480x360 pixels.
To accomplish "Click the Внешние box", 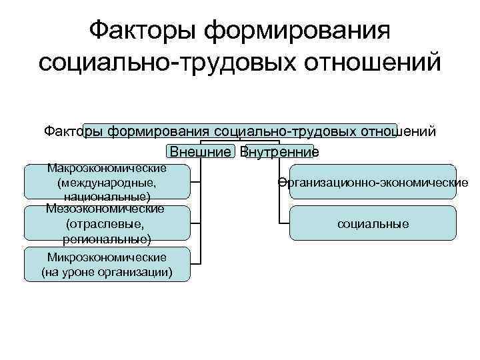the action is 200,152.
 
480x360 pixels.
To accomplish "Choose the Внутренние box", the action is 279,152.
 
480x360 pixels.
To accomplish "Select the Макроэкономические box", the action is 107,181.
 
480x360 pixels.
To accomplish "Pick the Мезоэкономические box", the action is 107,223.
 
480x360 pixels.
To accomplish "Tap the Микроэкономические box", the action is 107,265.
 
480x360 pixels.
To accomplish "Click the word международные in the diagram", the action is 107,182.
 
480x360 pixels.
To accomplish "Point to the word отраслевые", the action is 107,223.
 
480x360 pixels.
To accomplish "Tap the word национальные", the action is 107,197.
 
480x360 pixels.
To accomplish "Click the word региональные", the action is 107,238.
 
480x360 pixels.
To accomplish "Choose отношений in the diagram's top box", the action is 400,131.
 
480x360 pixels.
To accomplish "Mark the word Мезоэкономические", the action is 107,209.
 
